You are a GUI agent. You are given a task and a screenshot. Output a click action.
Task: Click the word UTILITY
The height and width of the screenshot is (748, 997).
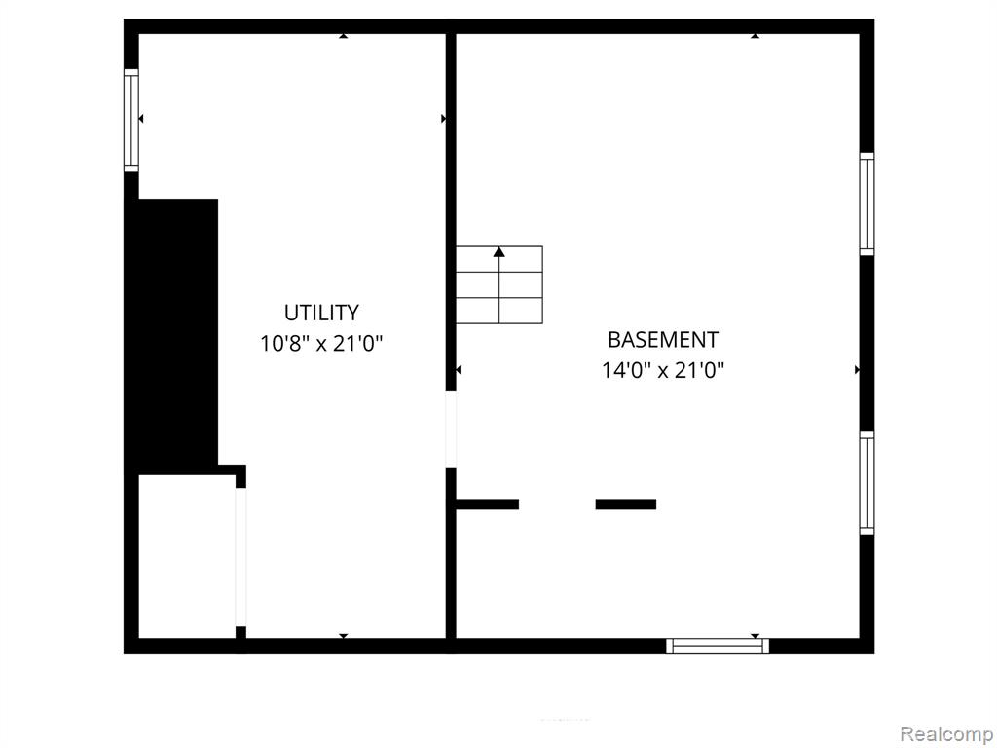[321, 313]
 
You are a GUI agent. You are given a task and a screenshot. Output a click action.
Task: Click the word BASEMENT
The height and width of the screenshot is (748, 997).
[663, 340]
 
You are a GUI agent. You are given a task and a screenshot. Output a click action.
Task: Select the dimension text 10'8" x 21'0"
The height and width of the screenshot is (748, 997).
[321, 344]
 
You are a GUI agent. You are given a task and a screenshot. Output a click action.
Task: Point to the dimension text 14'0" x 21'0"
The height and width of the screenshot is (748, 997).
[663, 370]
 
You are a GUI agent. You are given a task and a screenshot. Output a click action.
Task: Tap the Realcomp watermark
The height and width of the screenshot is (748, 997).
[946, 734]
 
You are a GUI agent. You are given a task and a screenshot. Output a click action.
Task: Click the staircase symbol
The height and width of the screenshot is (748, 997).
[499, 284]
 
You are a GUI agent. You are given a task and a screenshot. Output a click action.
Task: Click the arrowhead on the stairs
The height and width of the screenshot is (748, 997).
[499, 252]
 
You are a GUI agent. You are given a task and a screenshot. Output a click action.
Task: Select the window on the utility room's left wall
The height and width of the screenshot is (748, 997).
[131, 120]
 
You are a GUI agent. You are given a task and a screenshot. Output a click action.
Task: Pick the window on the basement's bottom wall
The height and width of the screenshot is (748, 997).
[718, 646]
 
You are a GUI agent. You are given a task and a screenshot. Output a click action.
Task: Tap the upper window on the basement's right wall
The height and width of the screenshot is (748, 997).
[867, 205]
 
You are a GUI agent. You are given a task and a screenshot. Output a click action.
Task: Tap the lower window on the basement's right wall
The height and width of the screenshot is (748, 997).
[867, 483]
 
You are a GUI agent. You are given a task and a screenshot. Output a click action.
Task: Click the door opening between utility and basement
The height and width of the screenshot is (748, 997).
[451, 429]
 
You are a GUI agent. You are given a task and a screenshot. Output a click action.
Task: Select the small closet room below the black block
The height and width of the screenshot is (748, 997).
[187, 556]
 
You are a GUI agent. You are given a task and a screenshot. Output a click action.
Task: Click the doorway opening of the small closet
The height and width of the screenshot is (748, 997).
[241, 557]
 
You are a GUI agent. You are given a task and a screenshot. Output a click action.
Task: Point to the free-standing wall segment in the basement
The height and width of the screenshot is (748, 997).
[626, 505]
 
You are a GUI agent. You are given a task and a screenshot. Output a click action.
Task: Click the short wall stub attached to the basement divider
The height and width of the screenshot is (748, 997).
[488, 505]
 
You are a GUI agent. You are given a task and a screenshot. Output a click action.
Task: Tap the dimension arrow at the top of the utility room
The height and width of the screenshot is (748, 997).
[344, 36]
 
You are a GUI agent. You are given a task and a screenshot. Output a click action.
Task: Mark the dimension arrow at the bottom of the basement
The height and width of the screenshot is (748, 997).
[755, 636]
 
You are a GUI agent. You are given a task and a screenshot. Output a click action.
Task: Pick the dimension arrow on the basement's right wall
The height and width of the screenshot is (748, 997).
[857, 369]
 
